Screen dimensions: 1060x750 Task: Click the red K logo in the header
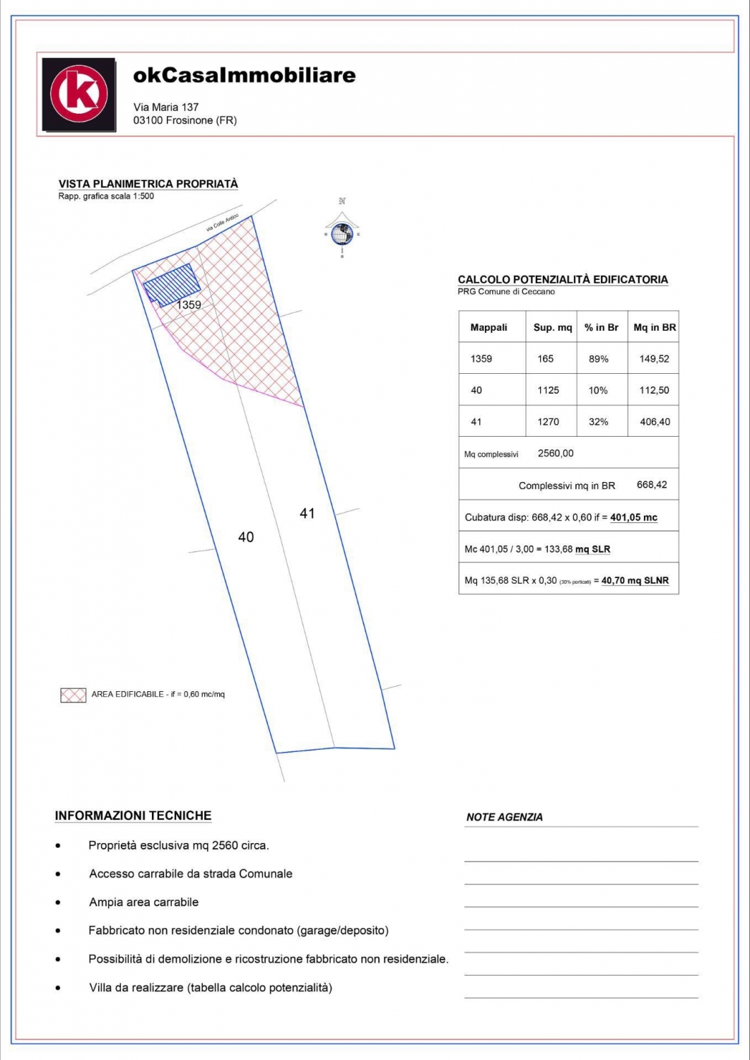pyautogui.click(x=78, y=94)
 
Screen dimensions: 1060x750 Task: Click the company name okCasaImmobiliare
pyautogui.click(x=244, y=76)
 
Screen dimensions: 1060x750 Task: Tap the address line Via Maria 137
pyautogui.click(x=166, y=107)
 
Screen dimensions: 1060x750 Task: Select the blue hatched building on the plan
pyautogui.click(x=172, y=285)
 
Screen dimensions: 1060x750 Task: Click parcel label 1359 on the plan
pyautogui.click(x=189, y=305)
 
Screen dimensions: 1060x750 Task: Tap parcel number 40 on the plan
pyautogui.click(x=246, y=537)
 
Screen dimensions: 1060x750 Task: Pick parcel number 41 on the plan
pyautogui.click(x=307, y=514)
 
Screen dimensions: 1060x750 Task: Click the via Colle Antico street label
pyautogui.click(x=222, y=223)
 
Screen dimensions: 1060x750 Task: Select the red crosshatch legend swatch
pyautogui.click(x=73, y=695)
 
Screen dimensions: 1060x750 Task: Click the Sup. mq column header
pyautogui.click(x=552, y=327)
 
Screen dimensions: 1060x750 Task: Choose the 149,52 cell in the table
pyautogui.click(x=654, y=359)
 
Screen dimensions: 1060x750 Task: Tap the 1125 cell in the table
pyautogui.click(x=548, y=390)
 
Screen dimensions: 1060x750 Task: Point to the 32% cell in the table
pyautogui.click(x=598, y=422)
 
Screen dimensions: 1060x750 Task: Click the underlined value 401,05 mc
pyautogui.click(x=633, y=517)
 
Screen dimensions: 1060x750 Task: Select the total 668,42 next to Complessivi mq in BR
pyautogui.click(x=652, y=485)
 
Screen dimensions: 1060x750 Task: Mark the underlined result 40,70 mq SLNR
pyautogui.click(x=635, y=581)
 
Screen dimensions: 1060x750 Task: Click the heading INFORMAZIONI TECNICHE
pyautogui.click(x=133, y=815)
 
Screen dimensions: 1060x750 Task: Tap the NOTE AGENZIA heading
pyautogui.click(x=504, y=817)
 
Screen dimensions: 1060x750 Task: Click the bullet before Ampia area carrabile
pyautogui.click(x=58, y=902)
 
